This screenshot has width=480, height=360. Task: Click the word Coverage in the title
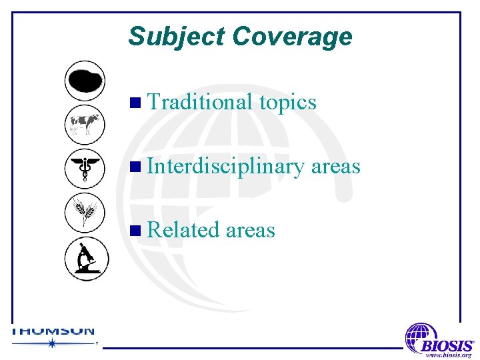tap(292, 36)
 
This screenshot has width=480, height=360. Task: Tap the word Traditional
tap(200, 102)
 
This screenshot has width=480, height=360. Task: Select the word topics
tap(287, 102)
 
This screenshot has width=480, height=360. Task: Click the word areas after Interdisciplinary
tap(335, 166)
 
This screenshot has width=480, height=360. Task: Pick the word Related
tap(183, 230)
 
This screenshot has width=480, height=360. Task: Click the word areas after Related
tap(250, 230)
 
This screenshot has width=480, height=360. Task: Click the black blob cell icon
tap(85, 81)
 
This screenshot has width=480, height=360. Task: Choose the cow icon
tap(85, 124)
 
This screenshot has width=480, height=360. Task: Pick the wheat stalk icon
tap(85, 212)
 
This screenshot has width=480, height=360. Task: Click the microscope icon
tap(85, 258)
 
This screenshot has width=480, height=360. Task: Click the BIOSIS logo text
tap(447, 346)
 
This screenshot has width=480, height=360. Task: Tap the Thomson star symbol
tap(51, 343)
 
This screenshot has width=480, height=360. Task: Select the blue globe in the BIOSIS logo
tap(420, 337)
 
